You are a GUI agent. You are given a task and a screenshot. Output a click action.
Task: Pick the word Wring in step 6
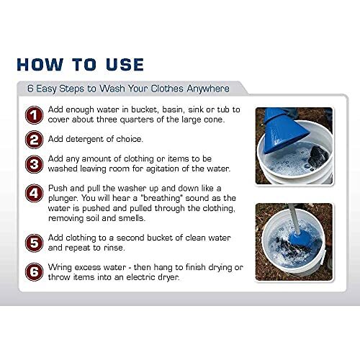point(64,266)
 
